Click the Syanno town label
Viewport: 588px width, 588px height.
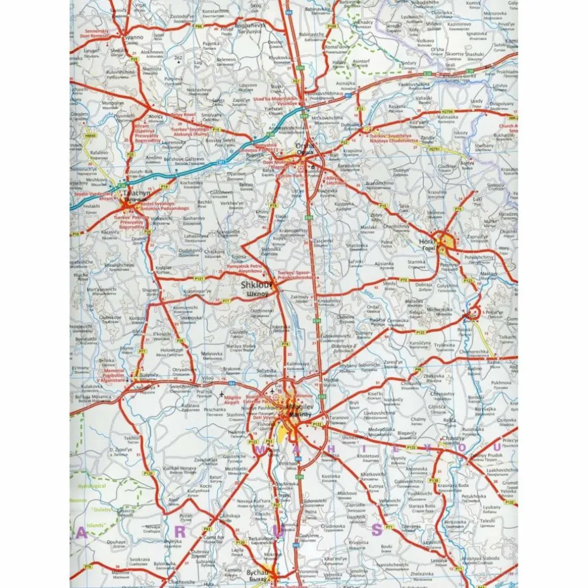(x=133, y=37)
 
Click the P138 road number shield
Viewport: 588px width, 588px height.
(x=434, y=480)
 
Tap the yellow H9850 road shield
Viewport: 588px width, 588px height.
(x=90, y=136)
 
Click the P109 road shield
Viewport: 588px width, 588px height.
(x=332, y=26)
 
